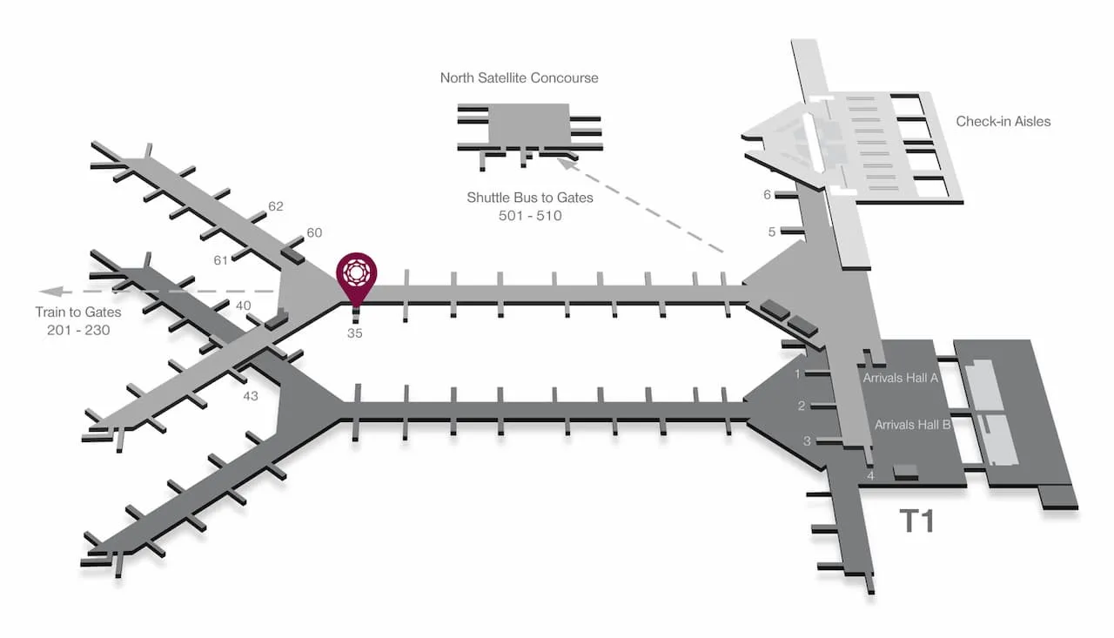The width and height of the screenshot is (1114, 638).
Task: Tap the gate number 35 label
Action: [354, 333]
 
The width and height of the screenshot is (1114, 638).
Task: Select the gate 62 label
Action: [276, 206]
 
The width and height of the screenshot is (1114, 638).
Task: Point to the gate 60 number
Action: [314, 232]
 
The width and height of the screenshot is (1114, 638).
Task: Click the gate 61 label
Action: [220, 260]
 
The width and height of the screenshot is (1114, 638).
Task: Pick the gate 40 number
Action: [243, 306]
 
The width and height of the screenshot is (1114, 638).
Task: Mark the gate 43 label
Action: [250, 396]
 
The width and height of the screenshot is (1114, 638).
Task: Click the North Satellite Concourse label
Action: [519, 77]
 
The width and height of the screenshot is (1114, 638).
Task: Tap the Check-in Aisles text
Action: [1003, 121]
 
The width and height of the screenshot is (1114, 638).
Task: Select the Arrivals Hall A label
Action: [900, 378]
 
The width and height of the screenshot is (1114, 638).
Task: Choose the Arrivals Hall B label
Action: [912, 425]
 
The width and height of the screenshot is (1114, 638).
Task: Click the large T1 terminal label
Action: [917, 520]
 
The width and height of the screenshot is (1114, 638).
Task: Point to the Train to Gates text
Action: [78, 312]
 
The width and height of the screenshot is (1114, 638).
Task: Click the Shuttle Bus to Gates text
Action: [530, 198]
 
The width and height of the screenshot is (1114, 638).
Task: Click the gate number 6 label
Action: [767, 194]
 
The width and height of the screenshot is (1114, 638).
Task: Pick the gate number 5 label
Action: [771, 232]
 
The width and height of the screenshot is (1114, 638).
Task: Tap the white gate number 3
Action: [807, 440]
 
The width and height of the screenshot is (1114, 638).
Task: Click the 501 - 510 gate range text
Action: [530, 216]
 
